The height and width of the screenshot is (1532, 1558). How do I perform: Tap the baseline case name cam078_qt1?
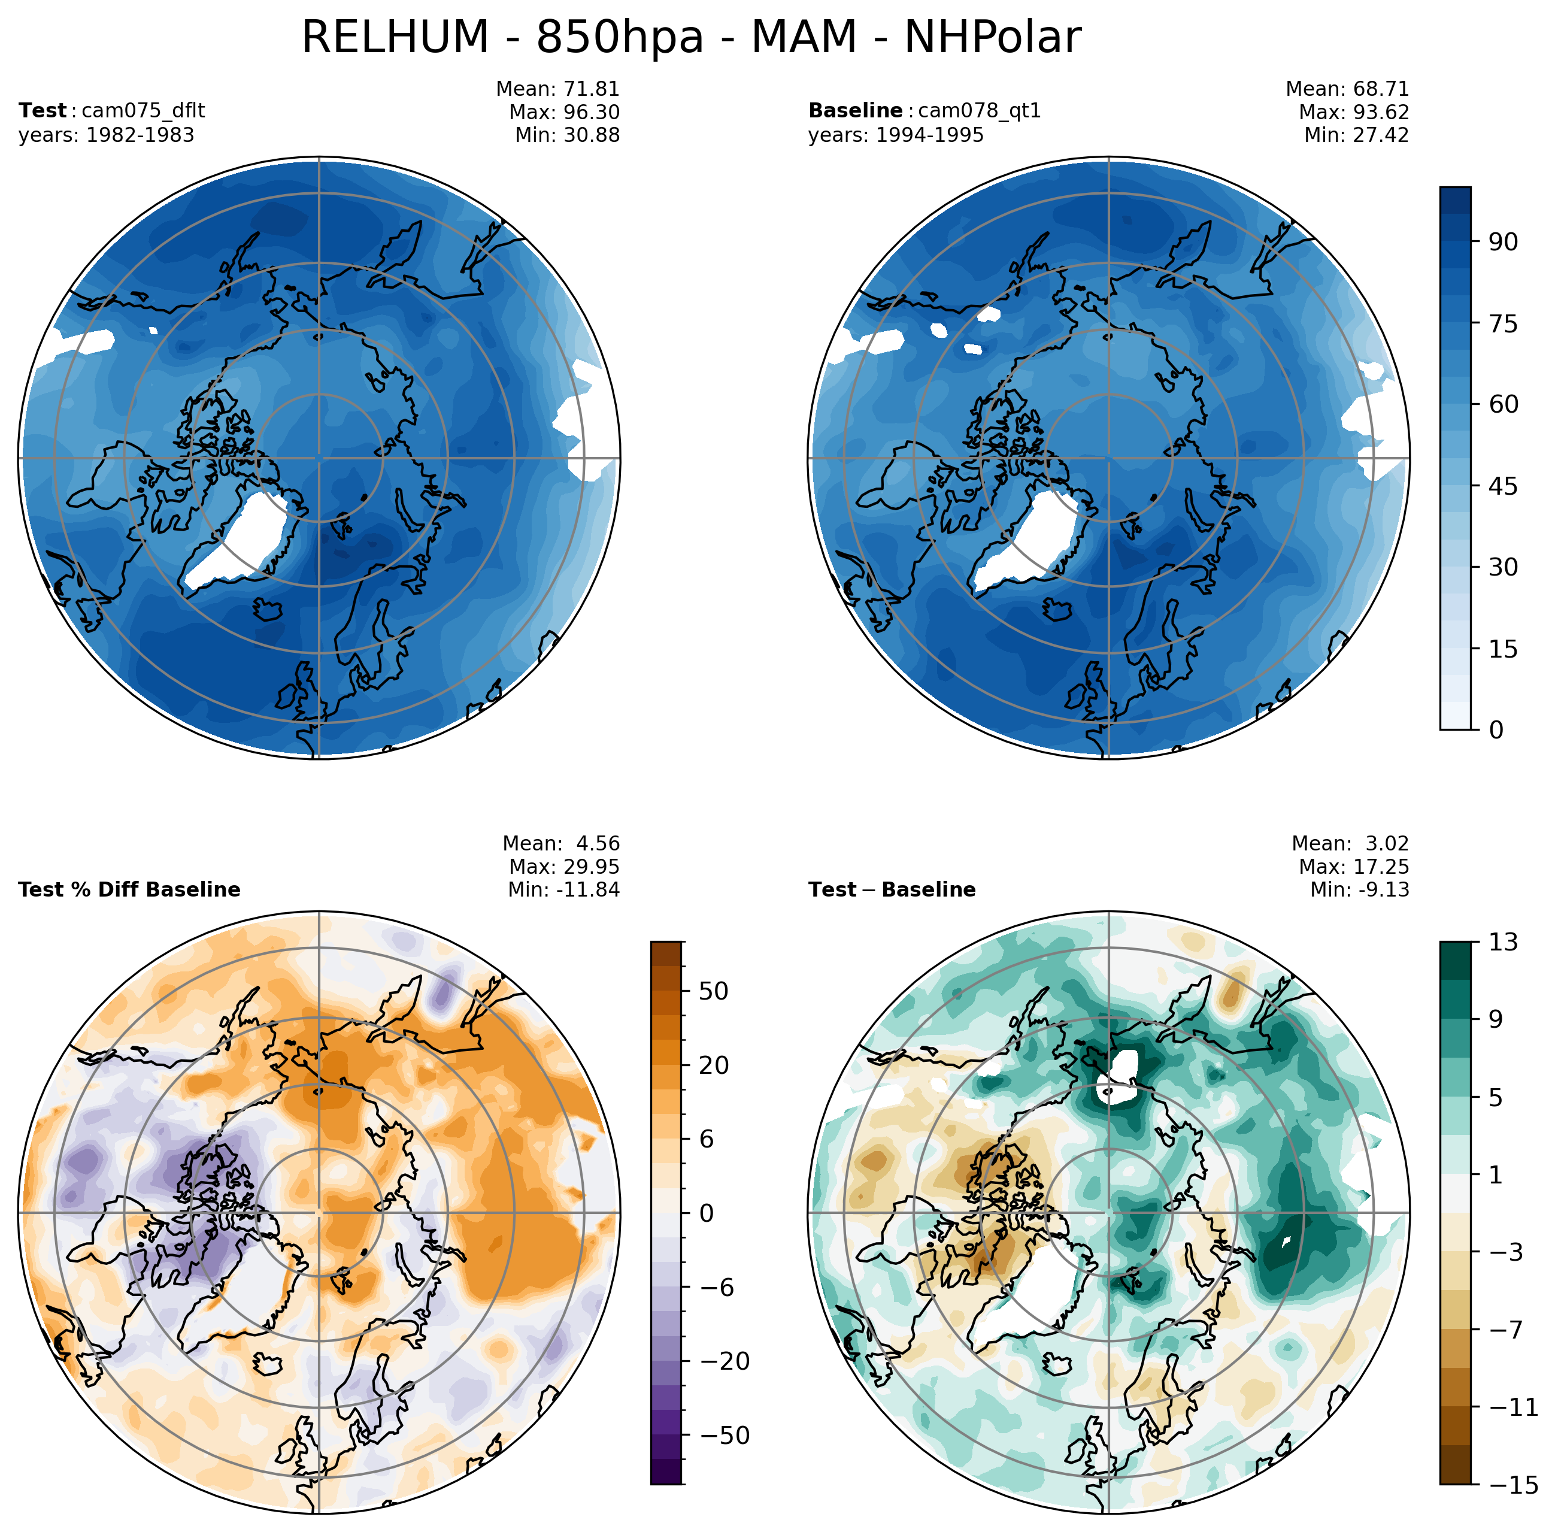tap(979, 110)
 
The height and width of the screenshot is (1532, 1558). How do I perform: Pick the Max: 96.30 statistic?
tap(564, 112)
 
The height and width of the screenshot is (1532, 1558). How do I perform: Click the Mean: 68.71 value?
tap(1347, 89)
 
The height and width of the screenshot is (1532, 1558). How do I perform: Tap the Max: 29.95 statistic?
tap(564, 867)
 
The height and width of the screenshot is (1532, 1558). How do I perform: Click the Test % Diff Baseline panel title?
tap(129, 889)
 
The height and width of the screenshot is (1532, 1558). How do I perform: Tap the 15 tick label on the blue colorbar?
tap(1502, 649)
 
